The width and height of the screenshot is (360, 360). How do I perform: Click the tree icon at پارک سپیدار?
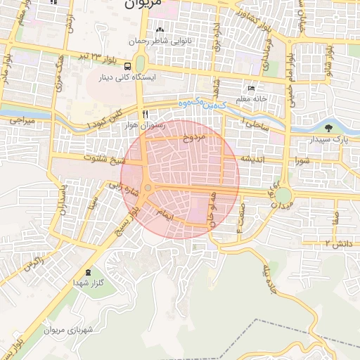[329, 127]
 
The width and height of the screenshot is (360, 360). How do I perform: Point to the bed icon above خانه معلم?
[251, 89]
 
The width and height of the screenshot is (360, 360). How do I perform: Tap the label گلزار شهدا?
[89, 282]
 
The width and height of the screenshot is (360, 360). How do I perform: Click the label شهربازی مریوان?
[73, 329]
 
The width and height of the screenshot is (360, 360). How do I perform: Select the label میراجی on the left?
[22, 121]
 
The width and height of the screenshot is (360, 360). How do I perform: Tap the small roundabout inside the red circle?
[148, 188]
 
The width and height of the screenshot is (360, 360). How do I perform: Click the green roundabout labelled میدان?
[283, 194]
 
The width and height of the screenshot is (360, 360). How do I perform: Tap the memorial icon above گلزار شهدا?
[88, 271]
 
